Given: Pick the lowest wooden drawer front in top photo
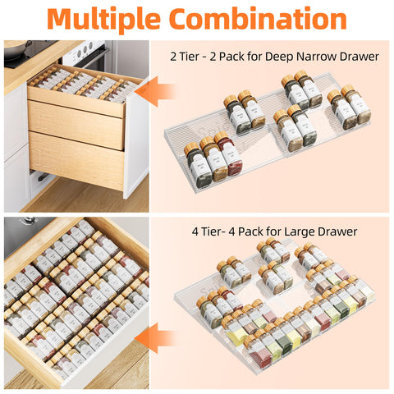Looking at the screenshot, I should pos(76,164).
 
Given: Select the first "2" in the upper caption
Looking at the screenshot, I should pos(173,57).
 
